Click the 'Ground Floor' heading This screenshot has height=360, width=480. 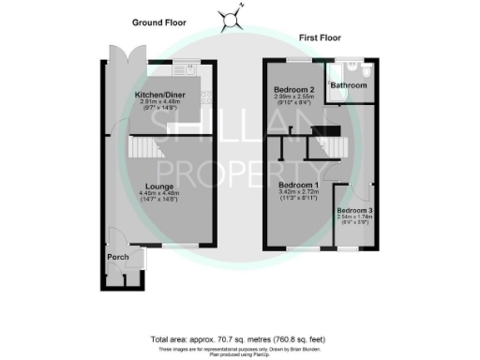click(x=159, y=21)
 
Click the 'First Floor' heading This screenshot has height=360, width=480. click(x=321, y=38)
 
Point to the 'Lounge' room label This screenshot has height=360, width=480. click(x=157, y=187)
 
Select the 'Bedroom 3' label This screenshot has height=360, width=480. click(x=354, y=209)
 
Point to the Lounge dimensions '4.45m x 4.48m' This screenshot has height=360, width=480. click(x=157, y=194)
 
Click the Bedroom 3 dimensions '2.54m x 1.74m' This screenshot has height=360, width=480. click(x=354, y=216)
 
